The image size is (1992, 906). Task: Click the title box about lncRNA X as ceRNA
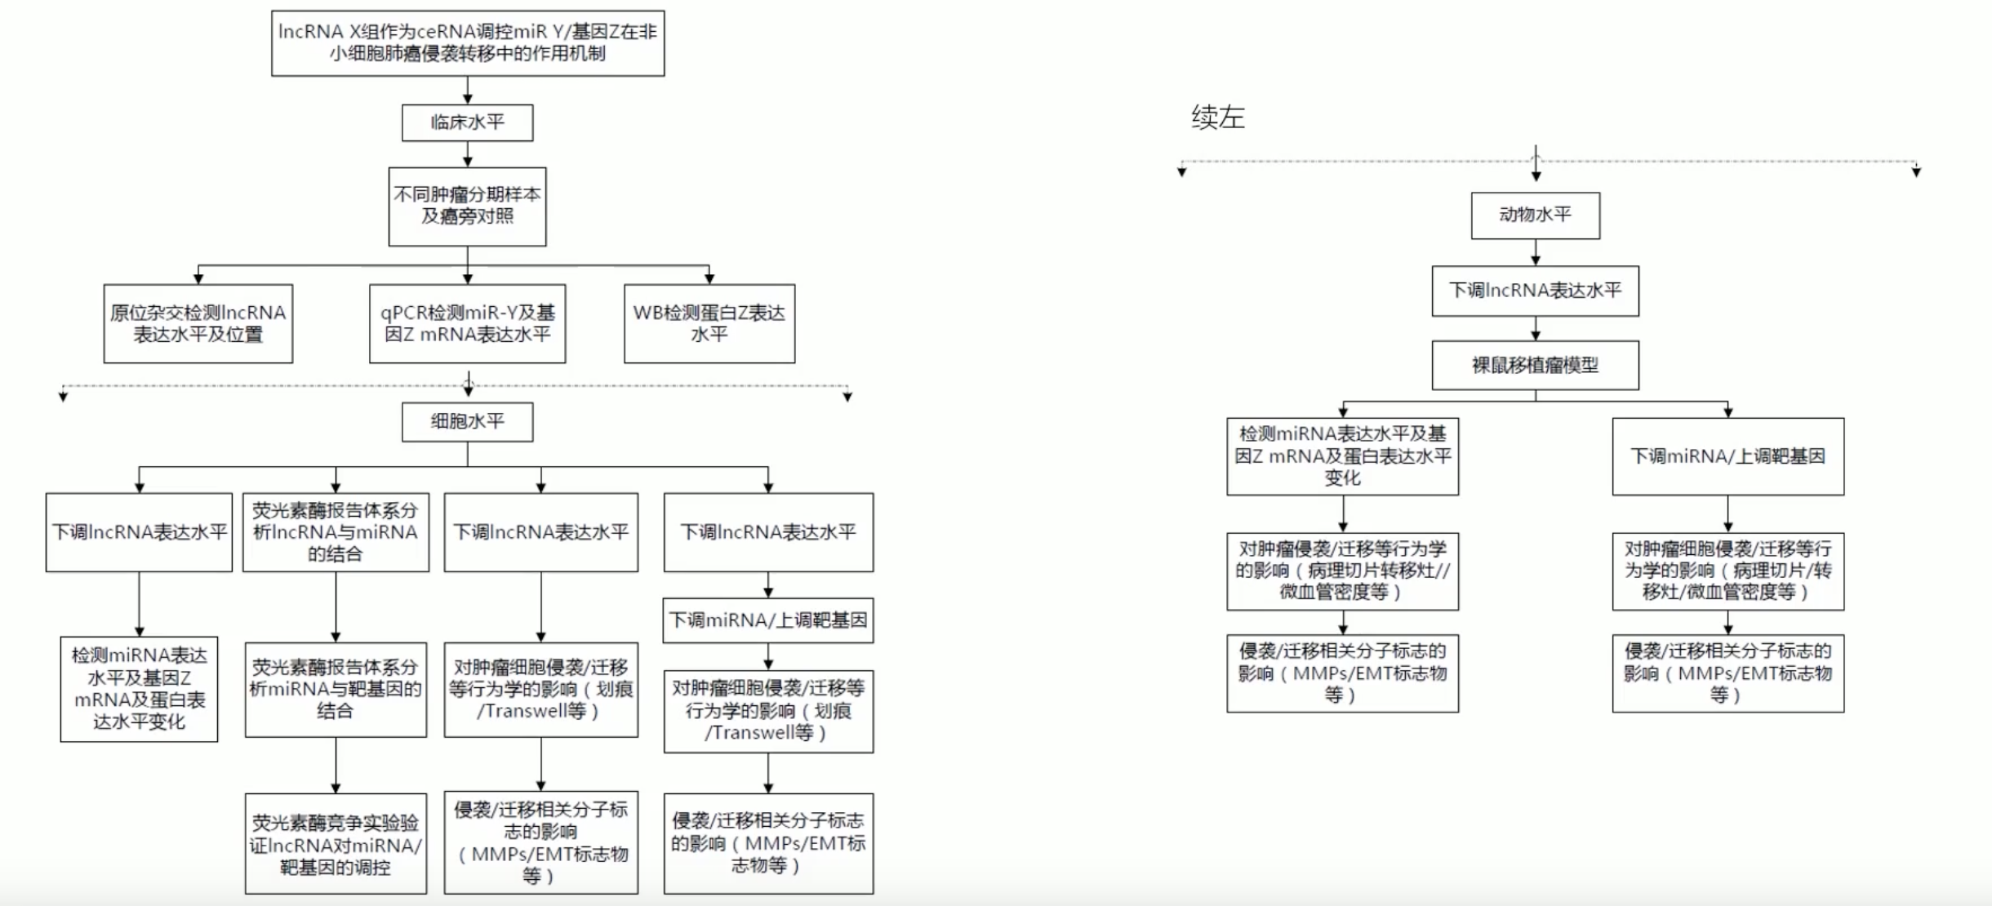point(468,43)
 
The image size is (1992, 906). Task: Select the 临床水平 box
point(468,122)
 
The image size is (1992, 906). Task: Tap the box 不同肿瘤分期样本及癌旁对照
point(468,207)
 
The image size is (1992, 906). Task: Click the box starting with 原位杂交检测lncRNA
point(198,323)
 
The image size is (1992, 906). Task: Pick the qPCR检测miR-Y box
point(468,323)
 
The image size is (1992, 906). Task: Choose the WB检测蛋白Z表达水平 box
point(709,323)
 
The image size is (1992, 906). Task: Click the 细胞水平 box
point(468,422)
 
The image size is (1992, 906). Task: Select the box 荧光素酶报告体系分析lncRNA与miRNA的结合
point(336,532)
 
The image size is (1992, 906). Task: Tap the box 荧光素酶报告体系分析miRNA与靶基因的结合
point(336,690)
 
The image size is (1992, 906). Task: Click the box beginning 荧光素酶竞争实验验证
point(336,844)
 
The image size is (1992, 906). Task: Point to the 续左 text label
point(1218,118)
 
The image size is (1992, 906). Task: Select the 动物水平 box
point(1536,215)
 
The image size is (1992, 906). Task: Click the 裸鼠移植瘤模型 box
point(1536,365)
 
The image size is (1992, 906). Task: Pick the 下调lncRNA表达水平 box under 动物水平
point(1536,291)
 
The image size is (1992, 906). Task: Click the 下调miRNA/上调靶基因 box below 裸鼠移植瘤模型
point(1728,456)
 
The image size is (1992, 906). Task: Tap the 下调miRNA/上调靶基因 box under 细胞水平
point(768,620)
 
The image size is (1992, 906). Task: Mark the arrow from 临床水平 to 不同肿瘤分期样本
point(468,154)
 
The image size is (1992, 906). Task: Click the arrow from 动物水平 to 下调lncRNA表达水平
point(1536,252)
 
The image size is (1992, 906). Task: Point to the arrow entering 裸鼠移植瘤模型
point(1536,328)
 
